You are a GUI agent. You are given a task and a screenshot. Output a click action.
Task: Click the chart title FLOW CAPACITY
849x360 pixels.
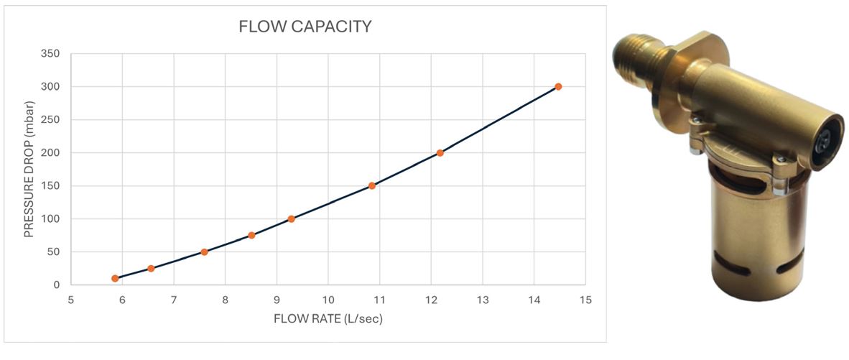point(305,27)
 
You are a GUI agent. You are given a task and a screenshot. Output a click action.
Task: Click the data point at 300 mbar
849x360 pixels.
point(558,87)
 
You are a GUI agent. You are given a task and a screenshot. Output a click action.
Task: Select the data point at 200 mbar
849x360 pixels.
point(440,153)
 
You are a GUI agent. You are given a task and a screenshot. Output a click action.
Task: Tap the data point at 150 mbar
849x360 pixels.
point(372,186)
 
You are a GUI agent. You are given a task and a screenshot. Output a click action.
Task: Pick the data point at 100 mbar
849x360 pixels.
point(291,219)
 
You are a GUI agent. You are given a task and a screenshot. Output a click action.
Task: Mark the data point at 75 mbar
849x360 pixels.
point(251,236)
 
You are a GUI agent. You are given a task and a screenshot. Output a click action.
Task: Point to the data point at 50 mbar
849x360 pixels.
point(204,252)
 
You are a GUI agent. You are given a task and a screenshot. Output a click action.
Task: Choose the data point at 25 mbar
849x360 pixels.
point(151,269)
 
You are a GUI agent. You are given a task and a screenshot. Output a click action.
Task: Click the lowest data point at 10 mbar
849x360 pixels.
point(115,278)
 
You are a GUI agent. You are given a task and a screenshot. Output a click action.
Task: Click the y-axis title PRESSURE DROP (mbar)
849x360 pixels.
point(29,170)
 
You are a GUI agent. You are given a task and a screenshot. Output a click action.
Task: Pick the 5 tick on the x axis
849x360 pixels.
point(70,299)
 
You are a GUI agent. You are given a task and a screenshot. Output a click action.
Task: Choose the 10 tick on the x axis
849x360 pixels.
point(328,299)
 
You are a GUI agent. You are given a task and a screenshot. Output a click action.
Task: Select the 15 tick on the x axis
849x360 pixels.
point(585,299)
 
